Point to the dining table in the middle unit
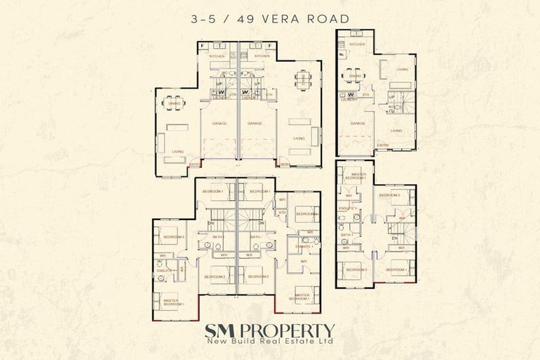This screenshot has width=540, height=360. [x=303, y=79]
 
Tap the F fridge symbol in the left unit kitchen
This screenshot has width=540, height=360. [x=203, y=47]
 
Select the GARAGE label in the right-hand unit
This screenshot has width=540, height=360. [x=356, y=123]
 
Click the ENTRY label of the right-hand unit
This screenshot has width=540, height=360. [x=382, y=146]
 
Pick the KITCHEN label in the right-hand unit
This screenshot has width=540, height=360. [x=357, y=44]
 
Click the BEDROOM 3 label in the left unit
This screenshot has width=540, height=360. [x=174, y=237]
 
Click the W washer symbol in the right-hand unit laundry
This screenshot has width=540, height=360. [x=349, y=94]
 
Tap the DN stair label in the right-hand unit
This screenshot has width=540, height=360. [x=394, y=239]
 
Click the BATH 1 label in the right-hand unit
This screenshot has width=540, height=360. [x=346, y=234]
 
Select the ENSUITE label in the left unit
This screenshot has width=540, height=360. [x=163, y=270]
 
